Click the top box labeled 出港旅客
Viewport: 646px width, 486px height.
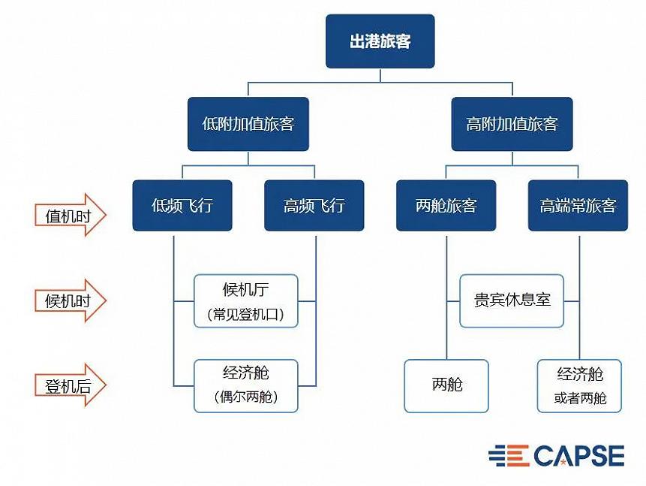(380, 41)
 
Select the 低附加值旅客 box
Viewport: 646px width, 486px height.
(248, 124)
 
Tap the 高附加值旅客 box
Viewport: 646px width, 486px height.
(512, 124)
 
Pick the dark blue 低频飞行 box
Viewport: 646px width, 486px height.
(182, 205)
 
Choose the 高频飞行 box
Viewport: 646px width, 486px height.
(314, 205)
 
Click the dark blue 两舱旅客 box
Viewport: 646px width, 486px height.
(446, 205)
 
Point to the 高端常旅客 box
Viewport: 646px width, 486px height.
(578, 205)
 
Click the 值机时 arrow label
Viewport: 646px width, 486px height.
(70, 216)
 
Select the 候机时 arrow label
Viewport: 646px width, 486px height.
(70, 300)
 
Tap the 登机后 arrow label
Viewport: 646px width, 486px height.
(70, 385)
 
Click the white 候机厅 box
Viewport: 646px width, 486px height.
(246, 300)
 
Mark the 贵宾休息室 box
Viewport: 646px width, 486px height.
(512, 300)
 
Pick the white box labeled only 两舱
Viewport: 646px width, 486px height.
(446, 386)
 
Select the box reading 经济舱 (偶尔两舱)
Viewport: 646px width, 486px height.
(246, 386)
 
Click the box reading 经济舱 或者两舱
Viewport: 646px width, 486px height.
(580, 386)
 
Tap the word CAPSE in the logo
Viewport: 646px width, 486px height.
(578, 455)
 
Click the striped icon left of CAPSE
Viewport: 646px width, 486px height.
(509, 455)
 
